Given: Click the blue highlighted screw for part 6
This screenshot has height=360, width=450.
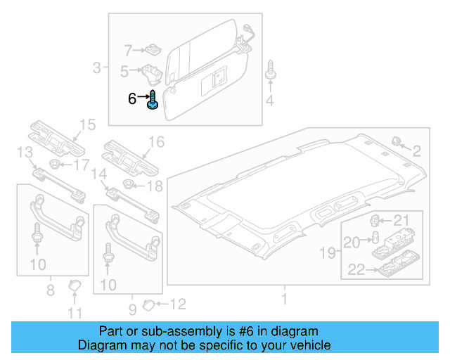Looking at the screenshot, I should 153,101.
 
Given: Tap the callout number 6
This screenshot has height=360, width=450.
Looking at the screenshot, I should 132,99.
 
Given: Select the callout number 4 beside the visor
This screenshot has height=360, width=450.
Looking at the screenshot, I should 270,103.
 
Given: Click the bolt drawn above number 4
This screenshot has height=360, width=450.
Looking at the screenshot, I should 270,72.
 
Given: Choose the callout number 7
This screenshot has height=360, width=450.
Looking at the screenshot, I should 128,50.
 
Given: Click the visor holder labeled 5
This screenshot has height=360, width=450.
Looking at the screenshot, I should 151,72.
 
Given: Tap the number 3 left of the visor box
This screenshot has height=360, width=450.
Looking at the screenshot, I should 96,68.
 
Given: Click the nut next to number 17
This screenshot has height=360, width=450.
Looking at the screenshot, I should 54,165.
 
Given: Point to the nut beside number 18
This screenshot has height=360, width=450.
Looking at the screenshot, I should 128,185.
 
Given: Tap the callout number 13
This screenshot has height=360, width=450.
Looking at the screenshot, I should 25,153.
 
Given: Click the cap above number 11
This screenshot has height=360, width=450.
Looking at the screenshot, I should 74,285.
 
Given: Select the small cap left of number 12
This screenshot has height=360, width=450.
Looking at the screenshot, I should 148,304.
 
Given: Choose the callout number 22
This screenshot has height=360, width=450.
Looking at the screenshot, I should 356,268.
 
